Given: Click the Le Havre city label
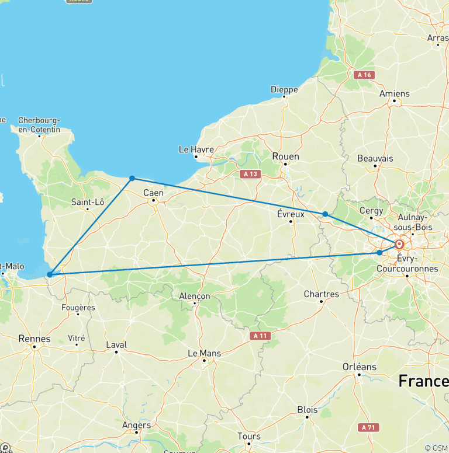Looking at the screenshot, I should click(x=196, y=149).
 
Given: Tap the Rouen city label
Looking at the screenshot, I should click(x=285, y=156).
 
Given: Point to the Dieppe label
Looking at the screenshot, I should click(x=284, y=89).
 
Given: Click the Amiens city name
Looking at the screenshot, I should click(x=395, y=93).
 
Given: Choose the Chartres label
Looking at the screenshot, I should click(x=321, y=294).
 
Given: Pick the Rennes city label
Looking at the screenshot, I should click(x=34, y=339).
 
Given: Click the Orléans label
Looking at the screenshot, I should click(x=359, y=367).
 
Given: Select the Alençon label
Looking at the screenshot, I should click(x=194, y=296).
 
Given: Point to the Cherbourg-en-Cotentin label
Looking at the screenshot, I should click(x=39, y=124).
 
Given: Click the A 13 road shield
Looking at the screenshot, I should click(x=250, y=173).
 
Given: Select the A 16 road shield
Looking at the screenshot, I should click(x=364, y=75).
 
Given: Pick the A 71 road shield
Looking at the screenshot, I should click(x=368, y=427).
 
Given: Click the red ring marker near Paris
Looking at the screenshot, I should click(x=399, y=245).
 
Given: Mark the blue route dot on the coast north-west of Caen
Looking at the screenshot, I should click(x=133, y=178).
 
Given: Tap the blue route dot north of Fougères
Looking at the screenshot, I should click(x=50, y=274).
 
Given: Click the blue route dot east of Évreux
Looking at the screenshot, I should click(x=325, y=214).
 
